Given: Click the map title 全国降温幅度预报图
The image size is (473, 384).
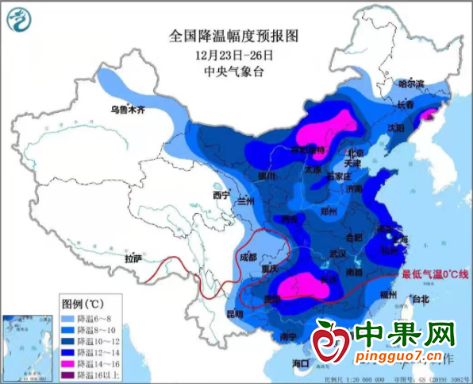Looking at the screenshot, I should [236, 36].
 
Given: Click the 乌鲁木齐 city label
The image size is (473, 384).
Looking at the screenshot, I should [129, 110].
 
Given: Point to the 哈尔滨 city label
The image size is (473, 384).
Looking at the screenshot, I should [411, 83].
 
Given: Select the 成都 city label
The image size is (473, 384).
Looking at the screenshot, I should [248, 257].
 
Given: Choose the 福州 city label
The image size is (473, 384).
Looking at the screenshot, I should [389, 294].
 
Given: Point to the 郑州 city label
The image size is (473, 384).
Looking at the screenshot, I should [328, 212].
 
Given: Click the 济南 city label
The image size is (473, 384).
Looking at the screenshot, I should [354, 189].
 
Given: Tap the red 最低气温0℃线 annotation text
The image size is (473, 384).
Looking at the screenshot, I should [435, 274].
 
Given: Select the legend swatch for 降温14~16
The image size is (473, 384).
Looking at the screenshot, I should [71, 362].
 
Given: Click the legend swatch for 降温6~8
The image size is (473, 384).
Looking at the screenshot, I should [71, 317].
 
